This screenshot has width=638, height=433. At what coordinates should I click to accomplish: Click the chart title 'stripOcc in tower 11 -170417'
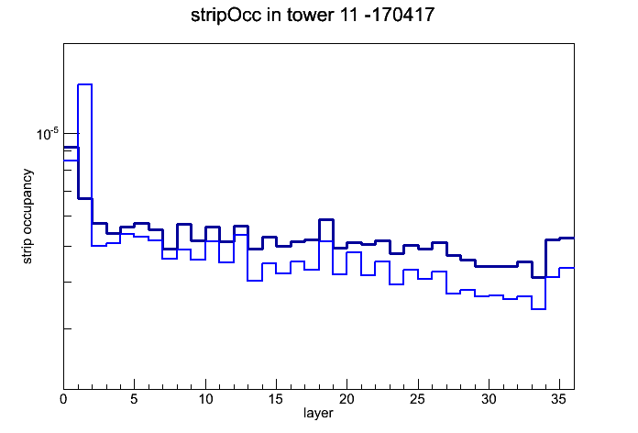click(313, 16)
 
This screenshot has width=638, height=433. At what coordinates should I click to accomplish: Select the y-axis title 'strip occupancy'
click(27, 216)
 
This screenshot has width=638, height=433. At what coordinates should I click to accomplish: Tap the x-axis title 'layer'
click(318, 413)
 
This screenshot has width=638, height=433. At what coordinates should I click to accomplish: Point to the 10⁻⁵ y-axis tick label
click(48, 134)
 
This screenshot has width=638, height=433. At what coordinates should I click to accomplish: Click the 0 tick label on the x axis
click(63, 399)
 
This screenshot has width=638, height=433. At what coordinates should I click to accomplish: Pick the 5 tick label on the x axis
click(134, 399)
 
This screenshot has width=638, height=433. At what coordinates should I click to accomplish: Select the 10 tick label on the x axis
click(205, 399)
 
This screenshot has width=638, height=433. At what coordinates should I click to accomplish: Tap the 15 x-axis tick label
click(276, 399)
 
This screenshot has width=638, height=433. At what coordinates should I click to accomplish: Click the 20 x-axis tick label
click(346, 399)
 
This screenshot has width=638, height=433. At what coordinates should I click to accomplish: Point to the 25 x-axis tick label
click(417, 399)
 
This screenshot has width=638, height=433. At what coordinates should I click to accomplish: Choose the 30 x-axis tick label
click(489, 399)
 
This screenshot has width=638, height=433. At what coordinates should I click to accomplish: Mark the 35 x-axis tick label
click(559, 399)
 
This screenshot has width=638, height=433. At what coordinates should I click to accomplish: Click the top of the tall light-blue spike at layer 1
click(84, 84)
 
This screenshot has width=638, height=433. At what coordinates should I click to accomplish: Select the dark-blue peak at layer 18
click(326, 220)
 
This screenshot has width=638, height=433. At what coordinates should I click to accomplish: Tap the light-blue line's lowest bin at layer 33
click(538, 309)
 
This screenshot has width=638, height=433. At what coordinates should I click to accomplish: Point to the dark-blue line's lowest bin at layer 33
click(538, 277)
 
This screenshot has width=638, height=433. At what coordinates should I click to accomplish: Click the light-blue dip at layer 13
click(255, 281)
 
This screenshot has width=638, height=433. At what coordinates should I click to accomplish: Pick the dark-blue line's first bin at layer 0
click(71, 148)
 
